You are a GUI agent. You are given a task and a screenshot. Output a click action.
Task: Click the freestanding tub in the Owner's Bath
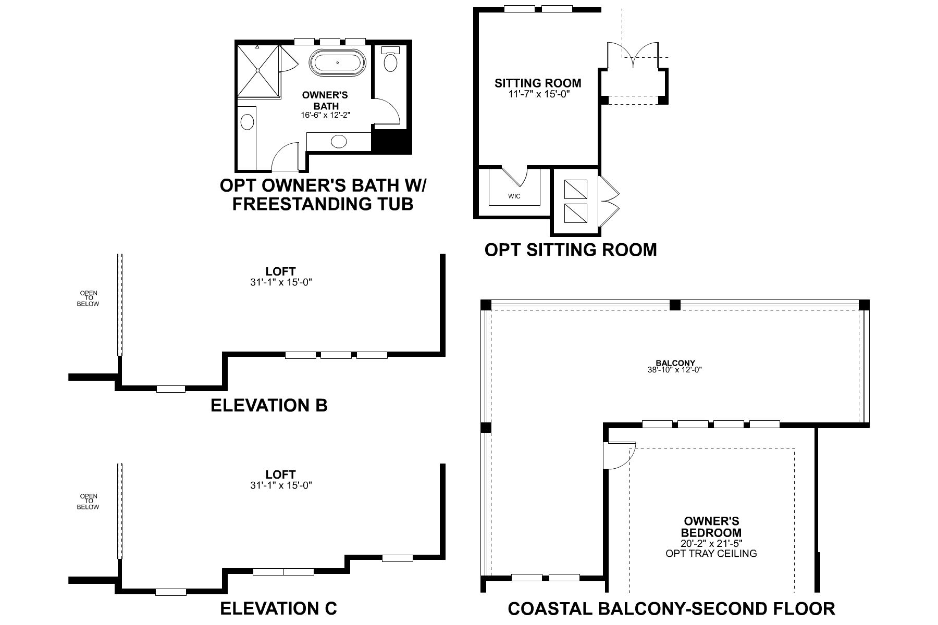coord(337,63)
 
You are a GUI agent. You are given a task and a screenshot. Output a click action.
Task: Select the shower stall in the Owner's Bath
coord(259,71)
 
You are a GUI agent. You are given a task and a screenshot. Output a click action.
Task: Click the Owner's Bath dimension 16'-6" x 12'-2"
coord(325,115)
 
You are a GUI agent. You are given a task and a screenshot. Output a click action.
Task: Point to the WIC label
coord(514,196)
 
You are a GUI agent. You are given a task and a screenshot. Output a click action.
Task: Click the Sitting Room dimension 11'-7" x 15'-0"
coord(538,94)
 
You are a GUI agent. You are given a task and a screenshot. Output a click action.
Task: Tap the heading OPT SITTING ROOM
coord(571,249)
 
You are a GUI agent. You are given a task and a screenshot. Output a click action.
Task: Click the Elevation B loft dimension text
coord(280,282)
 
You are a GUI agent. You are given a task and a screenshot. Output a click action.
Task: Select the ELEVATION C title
coord(278,608)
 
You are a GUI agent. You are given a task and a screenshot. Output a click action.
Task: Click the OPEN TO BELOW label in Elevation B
coord(88,298)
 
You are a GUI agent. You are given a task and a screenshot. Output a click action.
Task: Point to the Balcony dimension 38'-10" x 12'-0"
coord(675,370)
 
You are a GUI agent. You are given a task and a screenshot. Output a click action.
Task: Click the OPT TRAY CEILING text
coord(711,554)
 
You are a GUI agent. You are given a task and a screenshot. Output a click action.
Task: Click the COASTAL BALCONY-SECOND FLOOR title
coord(671,608)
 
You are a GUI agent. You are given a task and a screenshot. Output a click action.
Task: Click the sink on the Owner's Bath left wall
coord(247,123)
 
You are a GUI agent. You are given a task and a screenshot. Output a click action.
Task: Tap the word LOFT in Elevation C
coord(280,474)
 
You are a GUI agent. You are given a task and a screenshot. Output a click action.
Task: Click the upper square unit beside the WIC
coord(576,189)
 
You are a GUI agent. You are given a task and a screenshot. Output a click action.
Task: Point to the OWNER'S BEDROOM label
coord(711,527)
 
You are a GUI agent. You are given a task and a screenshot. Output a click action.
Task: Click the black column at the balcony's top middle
coord(675,305)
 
